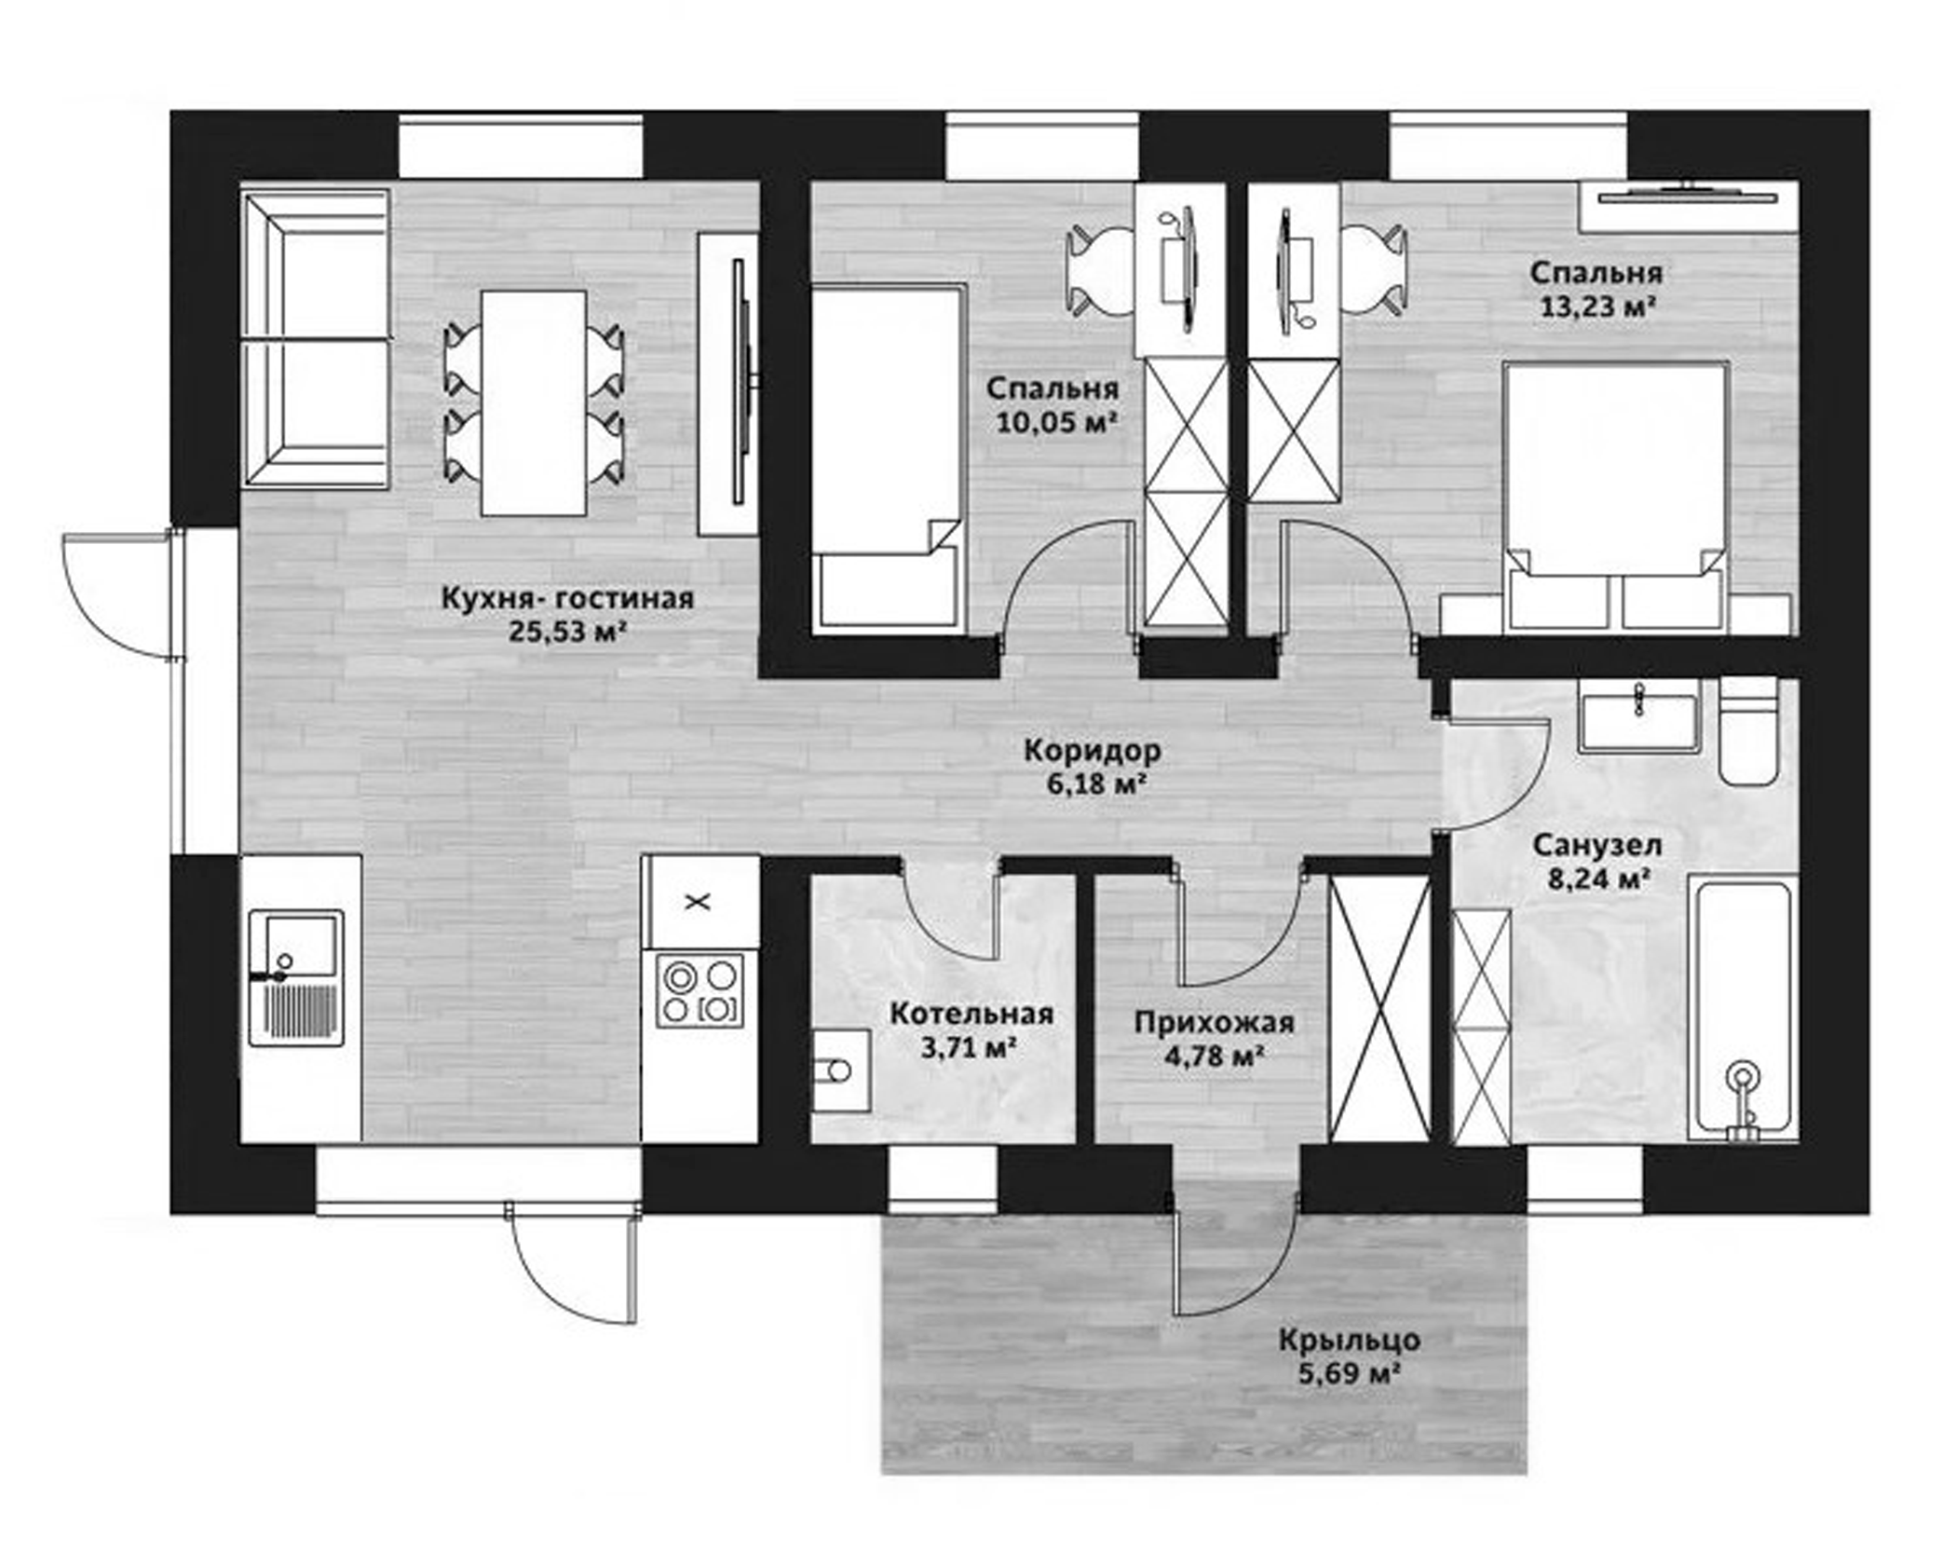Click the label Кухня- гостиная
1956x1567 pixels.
pos(567,598)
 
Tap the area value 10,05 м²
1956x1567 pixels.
pos(1056,423)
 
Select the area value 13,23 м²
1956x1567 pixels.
pos(1596,306)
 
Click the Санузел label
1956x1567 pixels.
pos(1597,846)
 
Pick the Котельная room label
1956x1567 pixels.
pos(971,1014)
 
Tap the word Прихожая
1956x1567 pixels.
pos(1214,1023)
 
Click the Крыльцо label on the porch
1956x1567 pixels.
pos(1349,1340)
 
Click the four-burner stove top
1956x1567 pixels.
pos(700,990)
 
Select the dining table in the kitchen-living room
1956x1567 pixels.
pos(533,402)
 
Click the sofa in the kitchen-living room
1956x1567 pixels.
pos(314,338)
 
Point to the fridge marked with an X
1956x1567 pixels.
pos(700,901)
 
